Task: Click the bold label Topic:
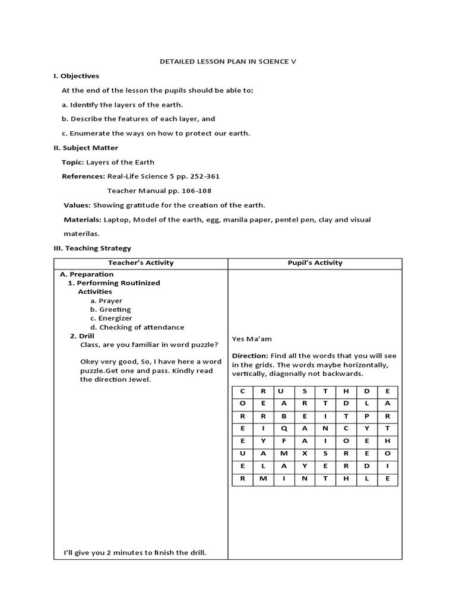pyautogui.click(x=73, y=162)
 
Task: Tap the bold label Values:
pyautogui.click(x=77, y=205)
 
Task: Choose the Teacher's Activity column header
pyautogui.click(x=141, y=263)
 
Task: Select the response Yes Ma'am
pyautogui.click(x=252, y=339)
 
